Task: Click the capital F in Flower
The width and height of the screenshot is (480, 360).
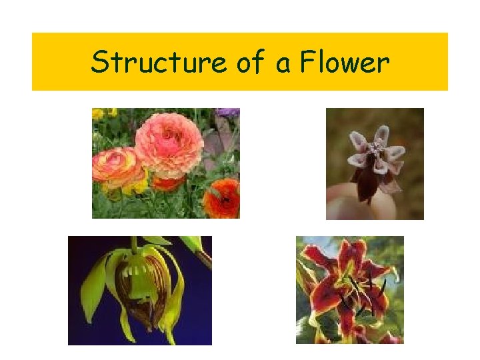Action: (307, 63)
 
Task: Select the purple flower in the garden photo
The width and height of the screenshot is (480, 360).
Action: (228, 113)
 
